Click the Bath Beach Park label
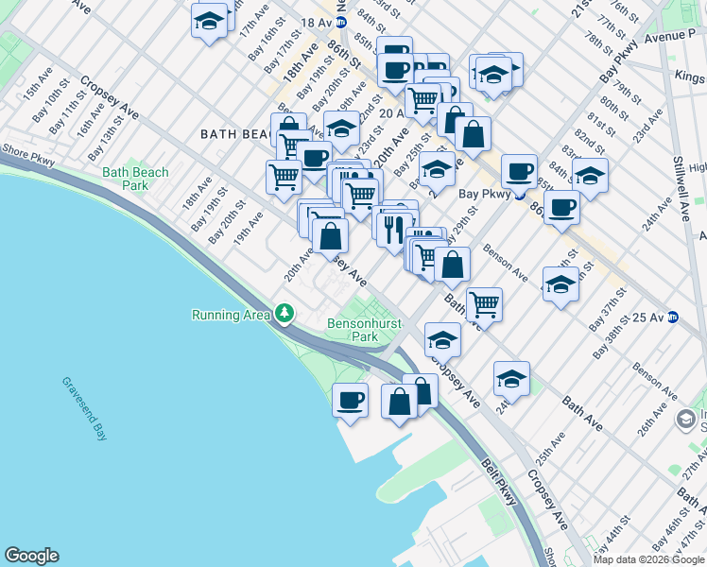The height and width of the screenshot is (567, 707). pyautogui.click(x=135, y=179)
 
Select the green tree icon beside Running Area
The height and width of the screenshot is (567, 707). pyautogui.click(x=284, y=314)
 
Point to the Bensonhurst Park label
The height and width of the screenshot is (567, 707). pyautogui.click(x=364, y=330)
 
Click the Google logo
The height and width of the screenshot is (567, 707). pyautogui.click(x=31, y=556)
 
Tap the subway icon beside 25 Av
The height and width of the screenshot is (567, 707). pyautogui.click(x=673, y=317)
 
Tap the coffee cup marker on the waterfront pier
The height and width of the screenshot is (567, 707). pyautogui.click(x=350, y=399)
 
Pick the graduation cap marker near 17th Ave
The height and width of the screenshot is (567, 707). pyautogui.click(x=209, y=20)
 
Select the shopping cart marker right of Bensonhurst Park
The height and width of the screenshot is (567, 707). pyautogui.click(x=484, y=303)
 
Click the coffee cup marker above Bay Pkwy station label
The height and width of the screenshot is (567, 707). pyautogui.click(x=518, y=171)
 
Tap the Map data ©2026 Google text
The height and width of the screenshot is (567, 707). pyautogui.click(x=649, y=559)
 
